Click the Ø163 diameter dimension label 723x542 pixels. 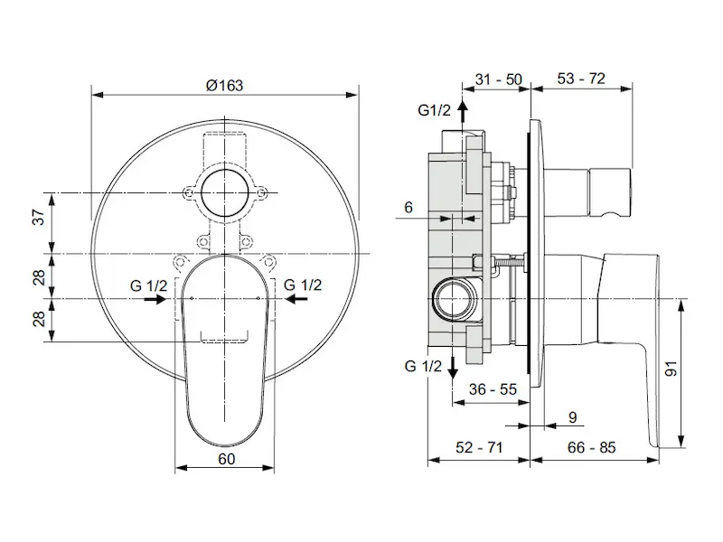(x=224, y=85)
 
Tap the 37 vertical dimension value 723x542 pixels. (x=40, y=217)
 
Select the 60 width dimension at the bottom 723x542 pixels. (x=225, y=459)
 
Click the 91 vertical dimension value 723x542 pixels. (x=671, y=369)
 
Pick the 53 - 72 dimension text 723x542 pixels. (x=581, y=79)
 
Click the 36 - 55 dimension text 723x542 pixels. (x=493, y=389)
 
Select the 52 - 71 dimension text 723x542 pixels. (x=479, y=447)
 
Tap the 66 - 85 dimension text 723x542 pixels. (x=592, y=447)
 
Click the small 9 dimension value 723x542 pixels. (x=572, y=417)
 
